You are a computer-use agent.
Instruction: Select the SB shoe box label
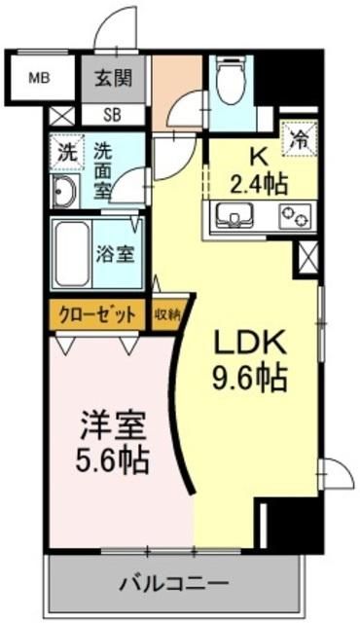pyautogui.click(x=114, y=113)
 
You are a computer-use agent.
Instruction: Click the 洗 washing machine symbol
pyautogui.click(x=65, y=152)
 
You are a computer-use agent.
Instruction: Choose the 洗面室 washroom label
pyautogui.click(x=104, y=171)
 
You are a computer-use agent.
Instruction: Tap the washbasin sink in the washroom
pyautogui.click(x=66, y=192)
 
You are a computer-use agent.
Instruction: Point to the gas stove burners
pyautogui.click(x=294, y=215)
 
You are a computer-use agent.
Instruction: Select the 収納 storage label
pyautogui.click(x=166, y=313)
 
